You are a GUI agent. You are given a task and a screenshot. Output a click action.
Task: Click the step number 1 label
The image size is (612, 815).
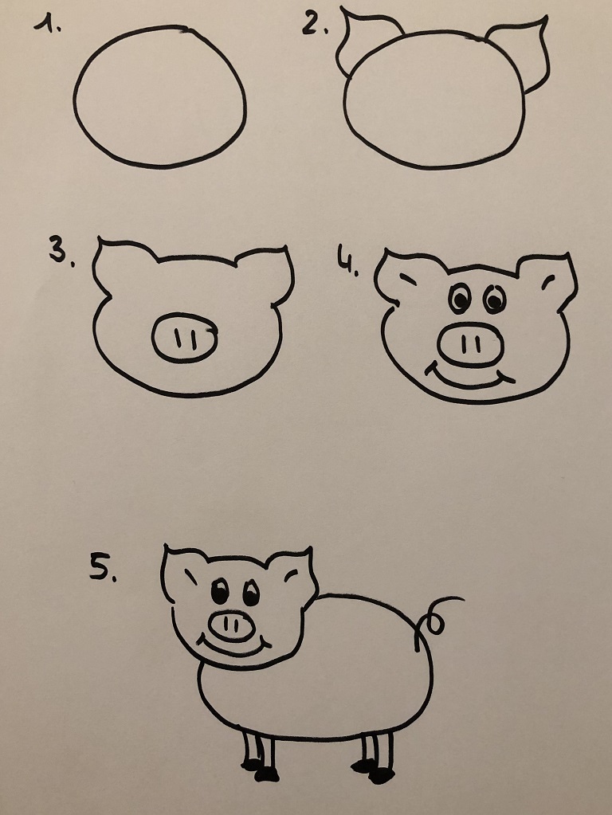(x=47, y=23)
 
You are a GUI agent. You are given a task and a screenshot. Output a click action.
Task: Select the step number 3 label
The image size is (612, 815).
(x=61, y=250)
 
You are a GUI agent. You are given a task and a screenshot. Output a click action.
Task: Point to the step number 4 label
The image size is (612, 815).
(x=348, y=260)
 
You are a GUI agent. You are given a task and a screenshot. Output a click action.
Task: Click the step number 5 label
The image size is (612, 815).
(x=103, y=567)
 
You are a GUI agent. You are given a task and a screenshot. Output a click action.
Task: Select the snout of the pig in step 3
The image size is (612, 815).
(x=185, y=338)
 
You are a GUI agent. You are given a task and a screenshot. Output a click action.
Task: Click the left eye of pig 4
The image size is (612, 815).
(x=460, y=298)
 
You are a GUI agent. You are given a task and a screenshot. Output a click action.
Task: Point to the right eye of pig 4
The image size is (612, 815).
(x=494, y=299)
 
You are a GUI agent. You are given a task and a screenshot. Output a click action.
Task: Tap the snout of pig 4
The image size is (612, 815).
(x=471, y=344)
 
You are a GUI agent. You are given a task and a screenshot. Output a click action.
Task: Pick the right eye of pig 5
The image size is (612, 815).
(x=252, y=592)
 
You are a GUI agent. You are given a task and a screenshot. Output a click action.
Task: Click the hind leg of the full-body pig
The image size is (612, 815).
(x=375, y=756)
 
